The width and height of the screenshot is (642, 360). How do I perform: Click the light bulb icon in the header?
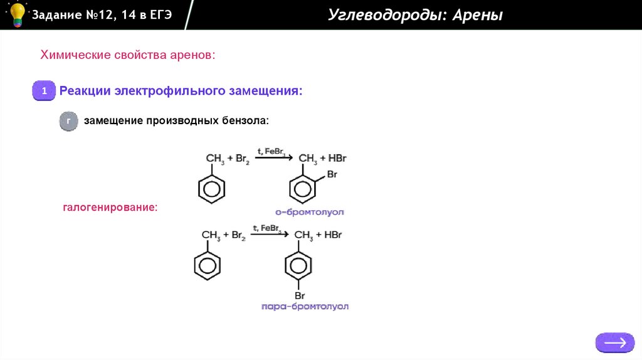(17, 14)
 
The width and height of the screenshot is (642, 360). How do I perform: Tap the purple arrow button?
(615, 342)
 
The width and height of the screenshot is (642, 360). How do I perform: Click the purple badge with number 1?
(45, 92)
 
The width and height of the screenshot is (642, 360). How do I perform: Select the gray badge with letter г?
(68, 120)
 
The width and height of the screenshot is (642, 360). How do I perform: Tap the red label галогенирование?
(110, 206)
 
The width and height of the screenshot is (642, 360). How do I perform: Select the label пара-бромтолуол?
(305, 307)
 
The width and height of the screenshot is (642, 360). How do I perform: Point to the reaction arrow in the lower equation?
(270, 235)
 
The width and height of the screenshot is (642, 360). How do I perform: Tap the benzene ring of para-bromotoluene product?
(298, 265)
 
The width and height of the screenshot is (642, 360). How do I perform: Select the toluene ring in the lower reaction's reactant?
(207, 265)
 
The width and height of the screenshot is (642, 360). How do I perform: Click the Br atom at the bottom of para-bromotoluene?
(300, 295)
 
